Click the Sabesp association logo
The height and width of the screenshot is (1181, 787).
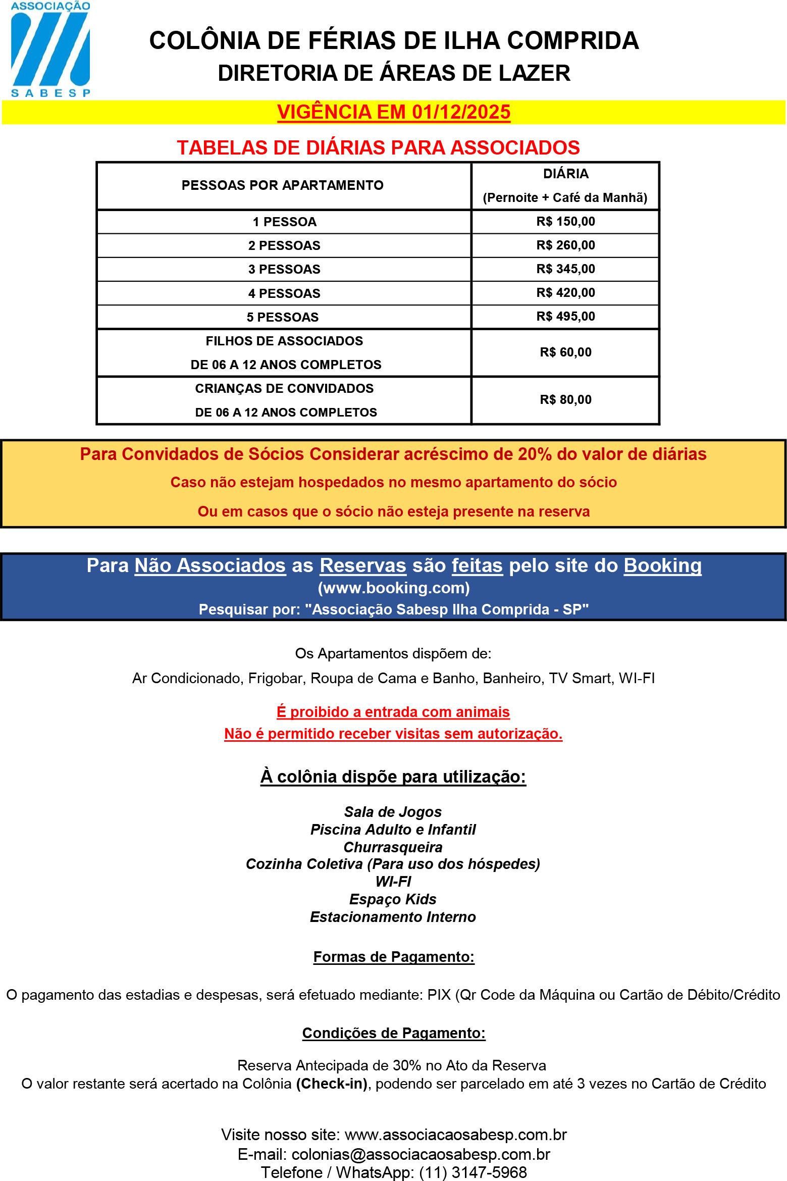click(50, 49)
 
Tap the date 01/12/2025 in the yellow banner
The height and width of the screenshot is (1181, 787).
click(461, 112)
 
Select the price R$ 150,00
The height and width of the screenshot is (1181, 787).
click(565, 222)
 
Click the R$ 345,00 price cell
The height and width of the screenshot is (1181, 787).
click(565, 269)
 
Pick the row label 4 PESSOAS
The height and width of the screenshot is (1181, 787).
click(284, 293)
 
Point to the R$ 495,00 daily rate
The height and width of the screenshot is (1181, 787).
click(565, 317)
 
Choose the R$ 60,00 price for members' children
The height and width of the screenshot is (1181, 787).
click(565, 352)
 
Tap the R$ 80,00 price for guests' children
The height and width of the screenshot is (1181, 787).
click(565, 400)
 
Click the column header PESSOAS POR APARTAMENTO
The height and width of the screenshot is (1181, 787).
click(282, 185)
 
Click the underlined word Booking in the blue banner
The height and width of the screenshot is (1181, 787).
click(662, 566)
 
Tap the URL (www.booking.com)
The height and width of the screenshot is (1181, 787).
click(394, 588)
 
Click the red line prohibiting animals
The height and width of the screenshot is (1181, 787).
click(393, 712)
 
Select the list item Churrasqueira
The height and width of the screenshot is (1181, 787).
click(393, 847)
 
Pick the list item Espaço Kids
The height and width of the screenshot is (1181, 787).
click(393, 899)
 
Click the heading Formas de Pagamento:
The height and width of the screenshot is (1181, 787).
click(394, 957)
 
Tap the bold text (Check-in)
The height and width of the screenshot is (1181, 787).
click(332, 1084)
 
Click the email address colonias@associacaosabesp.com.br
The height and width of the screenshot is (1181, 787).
click(421, 1154)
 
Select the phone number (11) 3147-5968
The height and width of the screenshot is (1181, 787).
click(473, 1172)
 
